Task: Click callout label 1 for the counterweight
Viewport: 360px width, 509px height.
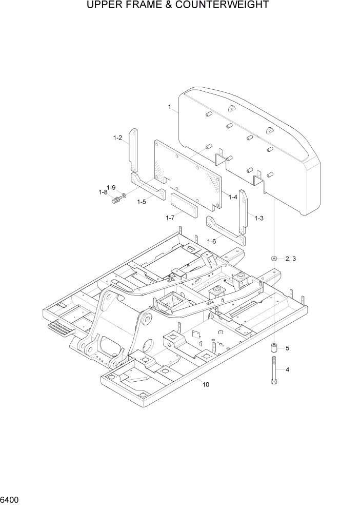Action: point(169,107)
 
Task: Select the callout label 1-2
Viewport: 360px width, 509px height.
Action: point(117,138)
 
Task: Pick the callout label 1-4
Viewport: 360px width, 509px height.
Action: point(232,197)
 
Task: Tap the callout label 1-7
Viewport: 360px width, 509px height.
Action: point(170,218)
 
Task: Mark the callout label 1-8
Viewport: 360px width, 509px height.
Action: point(103,192)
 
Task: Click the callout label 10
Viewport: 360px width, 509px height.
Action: point(205,384)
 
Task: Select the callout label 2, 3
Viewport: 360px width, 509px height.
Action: point(291,259)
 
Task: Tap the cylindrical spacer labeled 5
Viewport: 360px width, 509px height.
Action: point(275,348)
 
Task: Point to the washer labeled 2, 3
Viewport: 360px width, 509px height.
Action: point(275,258)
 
